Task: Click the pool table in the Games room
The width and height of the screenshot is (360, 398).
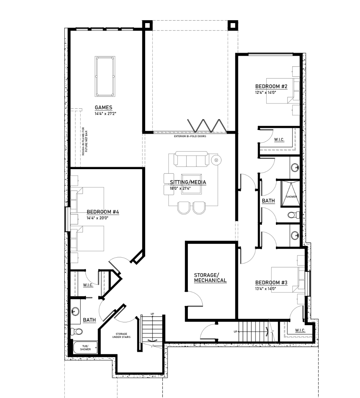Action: (x=105, y=76)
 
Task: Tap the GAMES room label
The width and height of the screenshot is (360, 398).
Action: (x=103, y=108)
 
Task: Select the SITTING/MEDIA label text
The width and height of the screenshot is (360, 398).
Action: (x=188, y=182)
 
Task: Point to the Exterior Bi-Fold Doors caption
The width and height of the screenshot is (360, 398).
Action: (x=190, y=136)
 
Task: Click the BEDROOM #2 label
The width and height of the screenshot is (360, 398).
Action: (x=271, y=87)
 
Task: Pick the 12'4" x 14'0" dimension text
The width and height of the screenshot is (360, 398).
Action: (x=266, y=92)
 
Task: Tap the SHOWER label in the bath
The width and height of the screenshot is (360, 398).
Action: (x=291, y=197)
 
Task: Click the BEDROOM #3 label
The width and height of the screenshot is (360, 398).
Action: (x=271, y=283)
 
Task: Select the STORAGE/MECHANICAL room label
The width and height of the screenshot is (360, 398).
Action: (x=210, y=278)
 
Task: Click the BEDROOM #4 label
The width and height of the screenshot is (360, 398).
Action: (x=103, y=212)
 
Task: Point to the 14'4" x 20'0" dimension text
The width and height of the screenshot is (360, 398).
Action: (x=97, y=218)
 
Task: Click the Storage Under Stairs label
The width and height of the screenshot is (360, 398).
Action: (x=121, y=335)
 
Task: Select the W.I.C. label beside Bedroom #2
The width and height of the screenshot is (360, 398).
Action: (x=279, y=140)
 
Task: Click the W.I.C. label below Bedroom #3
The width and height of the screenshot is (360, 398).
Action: (x=300, y=330)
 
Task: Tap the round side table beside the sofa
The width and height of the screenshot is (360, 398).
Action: (x=216, y=160)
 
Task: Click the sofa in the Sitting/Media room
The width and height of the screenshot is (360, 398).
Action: (x=191, y=159)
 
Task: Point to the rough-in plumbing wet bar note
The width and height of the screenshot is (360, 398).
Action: (x=85, y=141)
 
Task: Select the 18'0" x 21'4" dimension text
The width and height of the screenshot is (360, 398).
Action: (x=180, y=188)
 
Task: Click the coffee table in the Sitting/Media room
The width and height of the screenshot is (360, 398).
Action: (x=191, y=184)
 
